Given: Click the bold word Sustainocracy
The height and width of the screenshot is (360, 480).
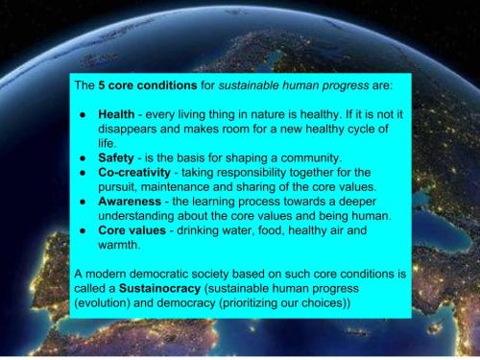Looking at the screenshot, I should pyautogui.click(x=177, y=286).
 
